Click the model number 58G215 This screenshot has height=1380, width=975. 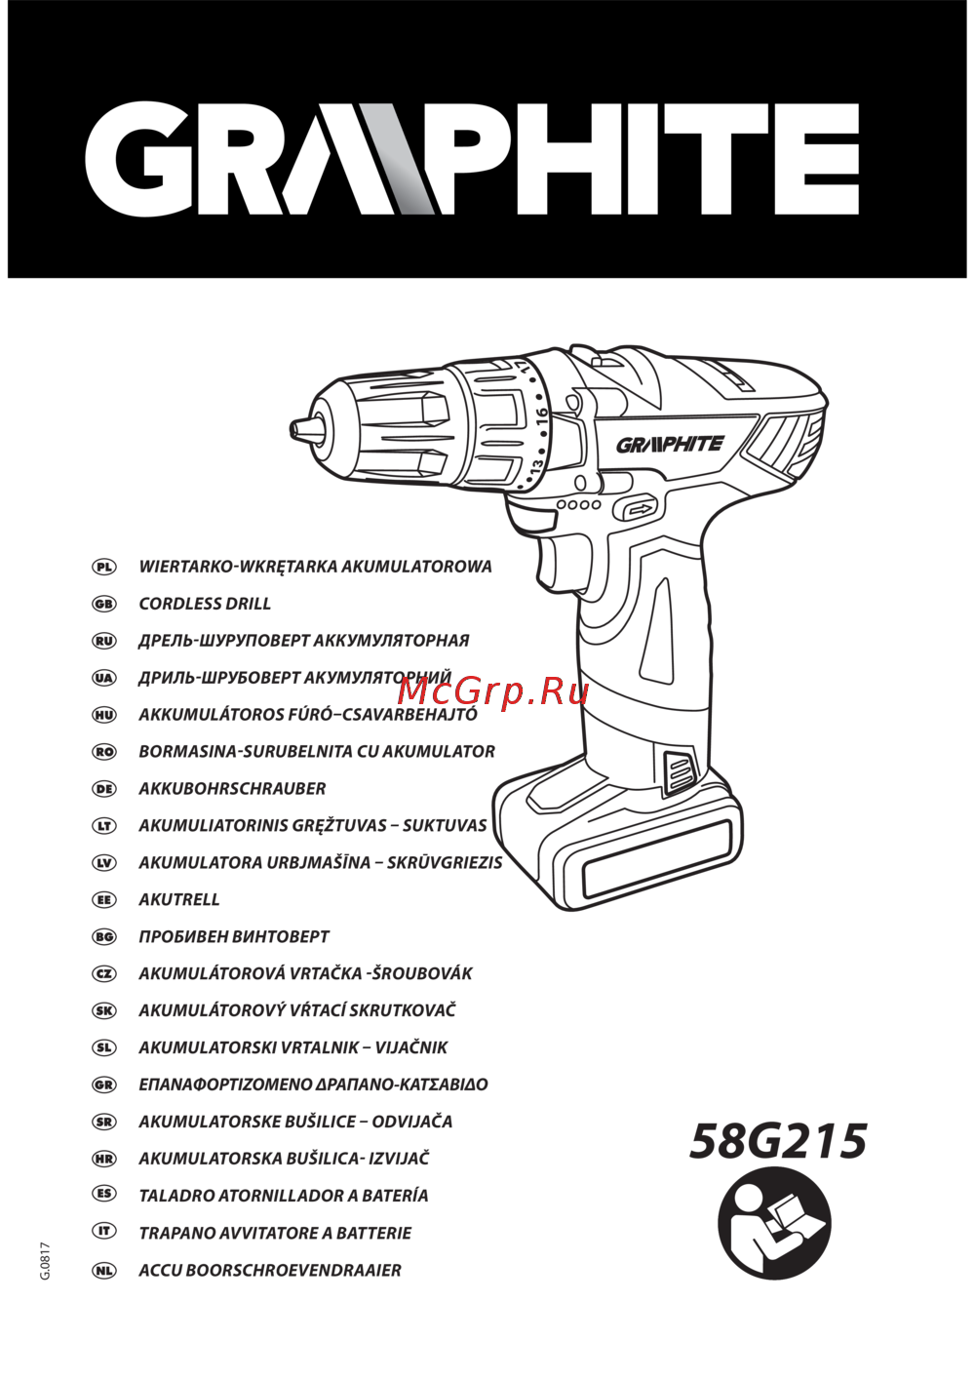(778, 1140)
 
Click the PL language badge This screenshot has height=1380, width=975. (103, 567)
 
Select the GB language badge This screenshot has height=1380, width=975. (103, 604)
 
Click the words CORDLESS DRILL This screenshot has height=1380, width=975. (205, 604)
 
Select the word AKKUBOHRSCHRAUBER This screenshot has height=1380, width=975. (232, 789)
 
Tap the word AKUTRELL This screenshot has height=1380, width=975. (179, 899)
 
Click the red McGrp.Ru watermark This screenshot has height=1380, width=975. (492, 692)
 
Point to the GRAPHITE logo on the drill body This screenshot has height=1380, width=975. (670, 444)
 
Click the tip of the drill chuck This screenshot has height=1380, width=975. (292, 427)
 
